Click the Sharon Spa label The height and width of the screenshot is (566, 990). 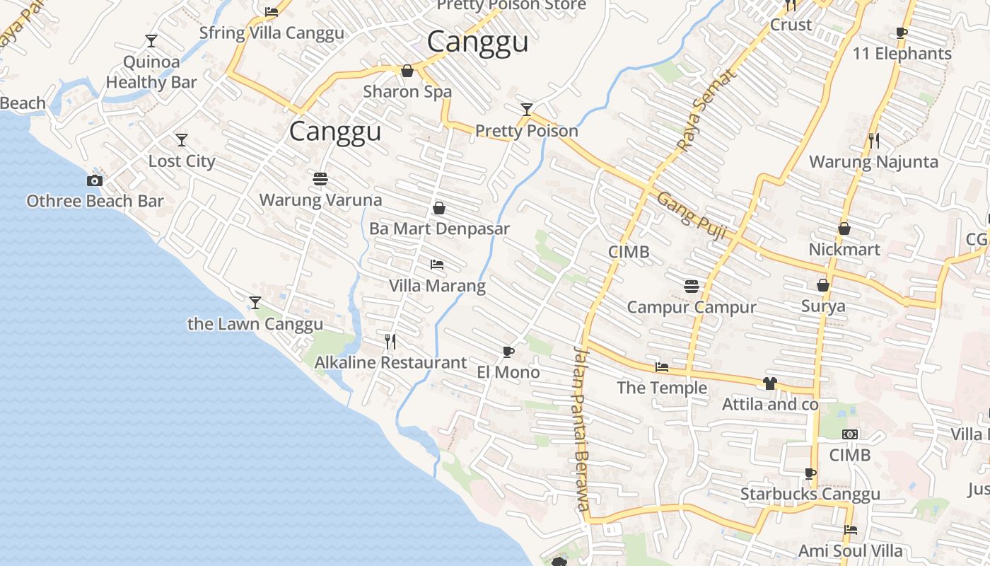tap(407, 91)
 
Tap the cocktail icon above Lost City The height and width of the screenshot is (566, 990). tap(182, 139)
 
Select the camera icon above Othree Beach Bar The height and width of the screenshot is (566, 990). tap(95, 181)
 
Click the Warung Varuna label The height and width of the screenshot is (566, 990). tap(320, 200)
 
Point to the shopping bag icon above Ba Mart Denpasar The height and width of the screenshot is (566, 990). tap(438, 208)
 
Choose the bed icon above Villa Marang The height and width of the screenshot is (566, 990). tap(437, 265)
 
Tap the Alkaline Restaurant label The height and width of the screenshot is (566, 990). tap(390, 363)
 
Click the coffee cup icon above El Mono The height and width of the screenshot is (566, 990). tap(508, 352)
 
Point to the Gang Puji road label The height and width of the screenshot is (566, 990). tap(692, 215)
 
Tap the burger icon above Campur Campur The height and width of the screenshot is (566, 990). tap(692, 286)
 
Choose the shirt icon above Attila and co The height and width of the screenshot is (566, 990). tap(770, 383)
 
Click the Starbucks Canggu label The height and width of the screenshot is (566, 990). tap(810, 494)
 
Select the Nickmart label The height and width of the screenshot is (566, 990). tap(844, 250)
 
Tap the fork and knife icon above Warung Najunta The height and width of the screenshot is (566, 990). tap(874, 141)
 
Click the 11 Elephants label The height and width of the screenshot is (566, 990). tap(902, 54)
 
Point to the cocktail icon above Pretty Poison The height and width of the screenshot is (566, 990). tap(527, 109)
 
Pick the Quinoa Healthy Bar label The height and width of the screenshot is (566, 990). tap(151, 72)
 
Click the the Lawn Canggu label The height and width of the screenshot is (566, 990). tap(255, 324)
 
